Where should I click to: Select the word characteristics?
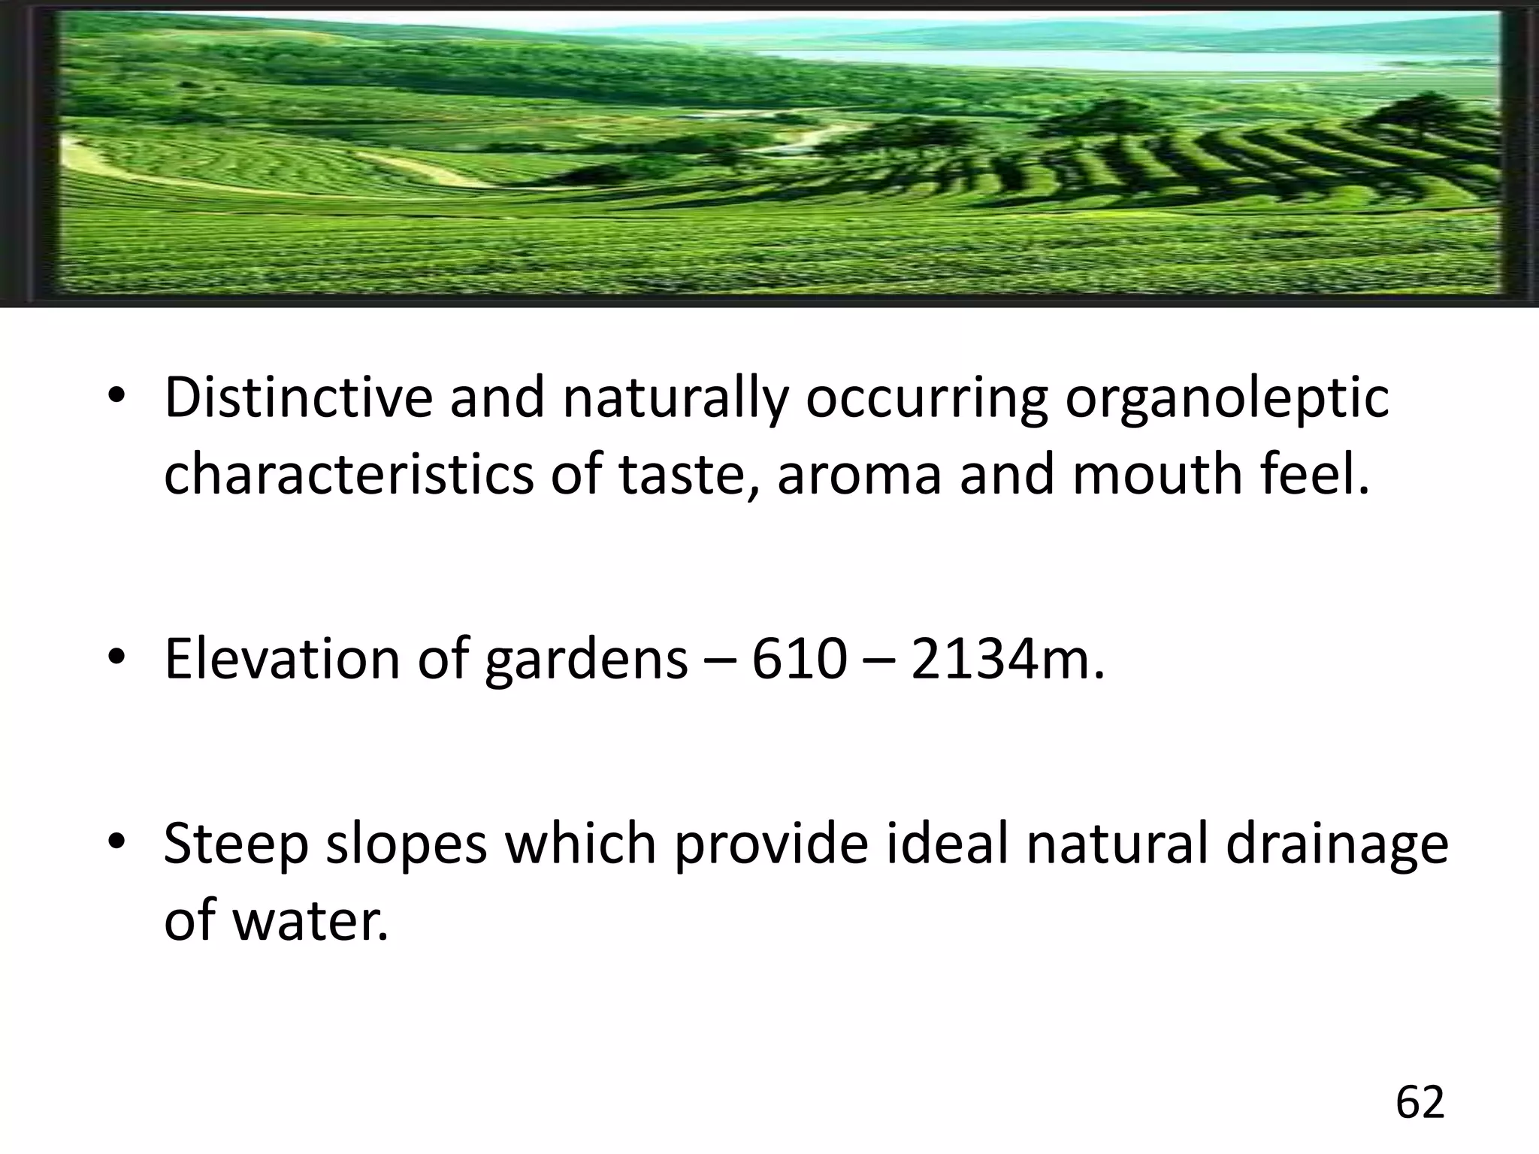coord(348,475)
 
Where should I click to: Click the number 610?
coord(800,659)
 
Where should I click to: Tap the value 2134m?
coord(1007,659)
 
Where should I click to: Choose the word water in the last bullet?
coord(311,921)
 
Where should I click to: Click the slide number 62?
coord(1420,1103)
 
